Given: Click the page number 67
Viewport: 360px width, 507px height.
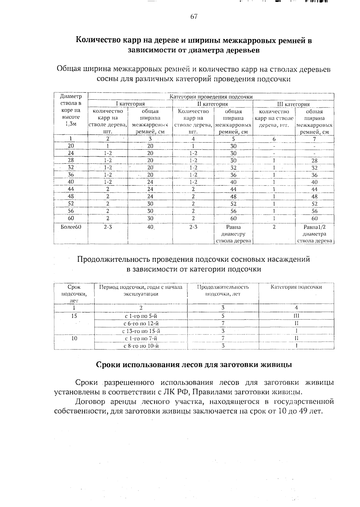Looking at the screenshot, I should tap(194, 17).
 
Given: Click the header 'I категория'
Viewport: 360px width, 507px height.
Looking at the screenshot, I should tap(130, 104).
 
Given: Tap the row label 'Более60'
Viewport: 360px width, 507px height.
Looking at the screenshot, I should tap(71, 227).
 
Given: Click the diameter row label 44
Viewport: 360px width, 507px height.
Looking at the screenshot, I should tap(71, 189).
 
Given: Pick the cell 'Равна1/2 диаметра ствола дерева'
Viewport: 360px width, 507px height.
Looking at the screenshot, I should tap(314, 234).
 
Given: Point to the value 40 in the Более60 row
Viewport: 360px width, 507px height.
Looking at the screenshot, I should tap(150, 227).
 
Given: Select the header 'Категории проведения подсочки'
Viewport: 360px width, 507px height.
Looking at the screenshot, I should tap(211, 97).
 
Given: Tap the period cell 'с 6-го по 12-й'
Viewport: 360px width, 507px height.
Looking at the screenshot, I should tap(141, 323).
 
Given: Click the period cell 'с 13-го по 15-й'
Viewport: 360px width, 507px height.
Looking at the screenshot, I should tap(141, 331).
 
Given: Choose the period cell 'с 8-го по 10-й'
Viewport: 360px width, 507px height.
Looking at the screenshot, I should tap(141, 346).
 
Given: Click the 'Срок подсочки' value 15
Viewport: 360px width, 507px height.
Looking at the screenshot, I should tap(74, 316).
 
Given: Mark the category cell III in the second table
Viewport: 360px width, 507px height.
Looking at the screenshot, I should tap(296, 316).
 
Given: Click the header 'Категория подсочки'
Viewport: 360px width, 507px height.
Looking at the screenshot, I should tap(296, 287).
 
